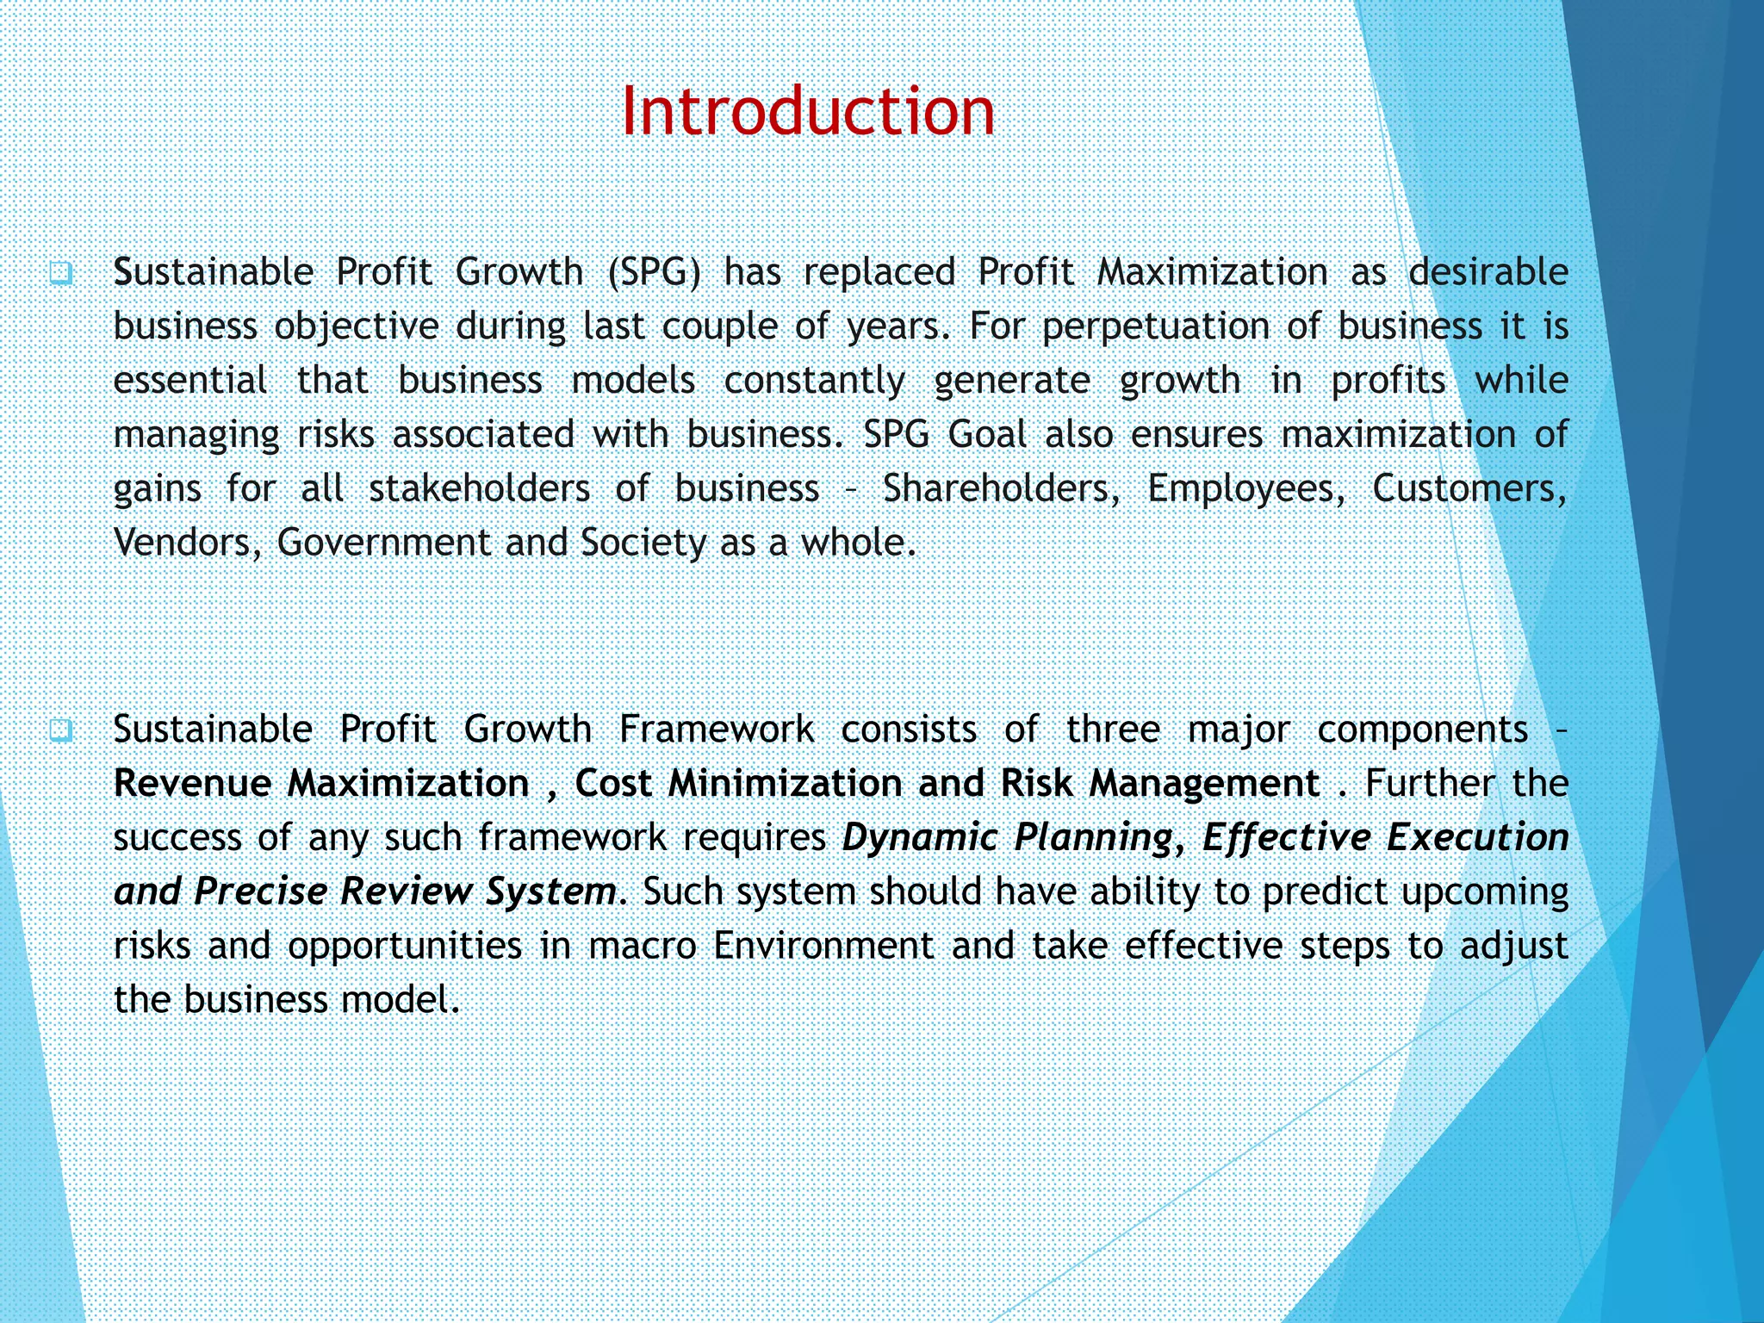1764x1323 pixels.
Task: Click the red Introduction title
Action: pyautogui.click(x=807, y=111)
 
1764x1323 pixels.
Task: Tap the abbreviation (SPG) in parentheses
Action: pyautogui.click(x=654, y=272)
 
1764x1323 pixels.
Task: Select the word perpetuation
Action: pyautogui.click(x=1155, y=327)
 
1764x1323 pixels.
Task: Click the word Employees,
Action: pyautogui.click(x=1245, y=488)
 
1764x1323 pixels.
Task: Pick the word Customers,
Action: pyautogui.click(x=1469, y=488)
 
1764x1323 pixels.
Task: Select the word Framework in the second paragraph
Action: pyautogui.click(x=716, y=730)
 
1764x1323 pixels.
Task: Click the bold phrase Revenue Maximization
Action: pyautogui.click(x=321, y=784)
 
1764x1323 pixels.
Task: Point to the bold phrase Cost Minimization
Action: pyautogui.click(x=738, y=784)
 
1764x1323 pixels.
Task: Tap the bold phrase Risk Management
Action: pyautogui.click(x=1159, y=784)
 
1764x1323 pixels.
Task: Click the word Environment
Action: pyautogui.click(x=823, y=946)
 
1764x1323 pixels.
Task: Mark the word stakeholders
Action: pyautogui.click(x=479, y=488)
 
